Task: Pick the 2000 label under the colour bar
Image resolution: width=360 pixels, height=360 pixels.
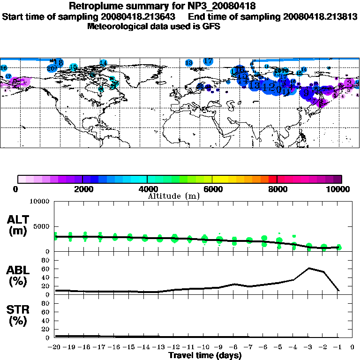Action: (x=82, y=189)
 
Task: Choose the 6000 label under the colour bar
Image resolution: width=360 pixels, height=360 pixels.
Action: (x=212, y=189)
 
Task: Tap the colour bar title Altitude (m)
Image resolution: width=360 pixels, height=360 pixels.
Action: (x=174, y=195)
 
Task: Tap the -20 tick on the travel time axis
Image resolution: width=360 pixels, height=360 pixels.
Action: (x=55, y=347)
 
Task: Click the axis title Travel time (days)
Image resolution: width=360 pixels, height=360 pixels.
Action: (x=205, y=355)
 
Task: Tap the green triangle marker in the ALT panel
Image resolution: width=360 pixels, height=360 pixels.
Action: (x=339, y=247)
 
